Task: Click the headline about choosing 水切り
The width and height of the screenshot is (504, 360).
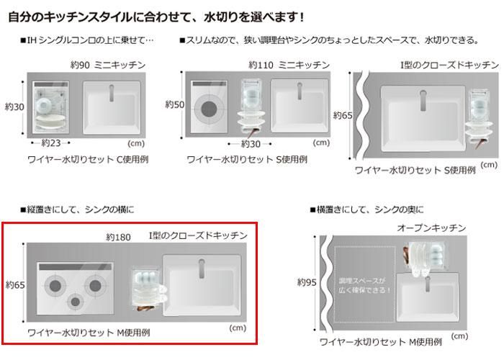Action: point(156,17)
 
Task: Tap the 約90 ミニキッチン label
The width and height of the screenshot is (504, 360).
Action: point(108,66)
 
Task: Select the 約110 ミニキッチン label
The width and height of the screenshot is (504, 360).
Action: point(289,66)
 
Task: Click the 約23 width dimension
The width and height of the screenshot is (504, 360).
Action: point(51,143)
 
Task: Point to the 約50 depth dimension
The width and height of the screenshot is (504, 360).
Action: point(174,104)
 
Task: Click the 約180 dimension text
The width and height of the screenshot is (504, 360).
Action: point(118,238)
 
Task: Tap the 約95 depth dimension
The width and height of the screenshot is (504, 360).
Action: point(307,282)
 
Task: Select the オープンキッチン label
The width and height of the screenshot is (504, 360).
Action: point(431,228)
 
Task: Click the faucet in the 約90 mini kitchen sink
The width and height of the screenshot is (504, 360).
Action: point(111,93)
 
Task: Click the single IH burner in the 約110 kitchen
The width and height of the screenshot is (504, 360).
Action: point(209,109)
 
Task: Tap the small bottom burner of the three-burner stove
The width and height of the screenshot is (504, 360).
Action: point(75,302)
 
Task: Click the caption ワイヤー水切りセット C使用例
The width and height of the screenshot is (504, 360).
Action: point(88,159)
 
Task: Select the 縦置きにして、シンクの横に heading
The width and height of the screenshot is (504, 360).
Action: point(77,210)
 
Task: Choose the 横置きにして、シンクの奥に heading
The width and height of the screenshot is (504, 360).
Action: point(366,210)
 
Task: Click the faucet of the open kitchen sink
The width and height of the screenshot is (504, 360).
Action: point(428,284)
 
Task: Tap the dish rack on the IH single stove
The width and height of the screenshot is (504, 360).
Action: point(51,107)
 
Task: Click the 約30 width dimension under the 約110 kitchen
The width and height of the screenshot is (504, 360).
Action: point(250,144)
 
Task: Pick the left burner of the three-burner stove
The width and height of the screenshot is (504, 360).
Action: point(55,286)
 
